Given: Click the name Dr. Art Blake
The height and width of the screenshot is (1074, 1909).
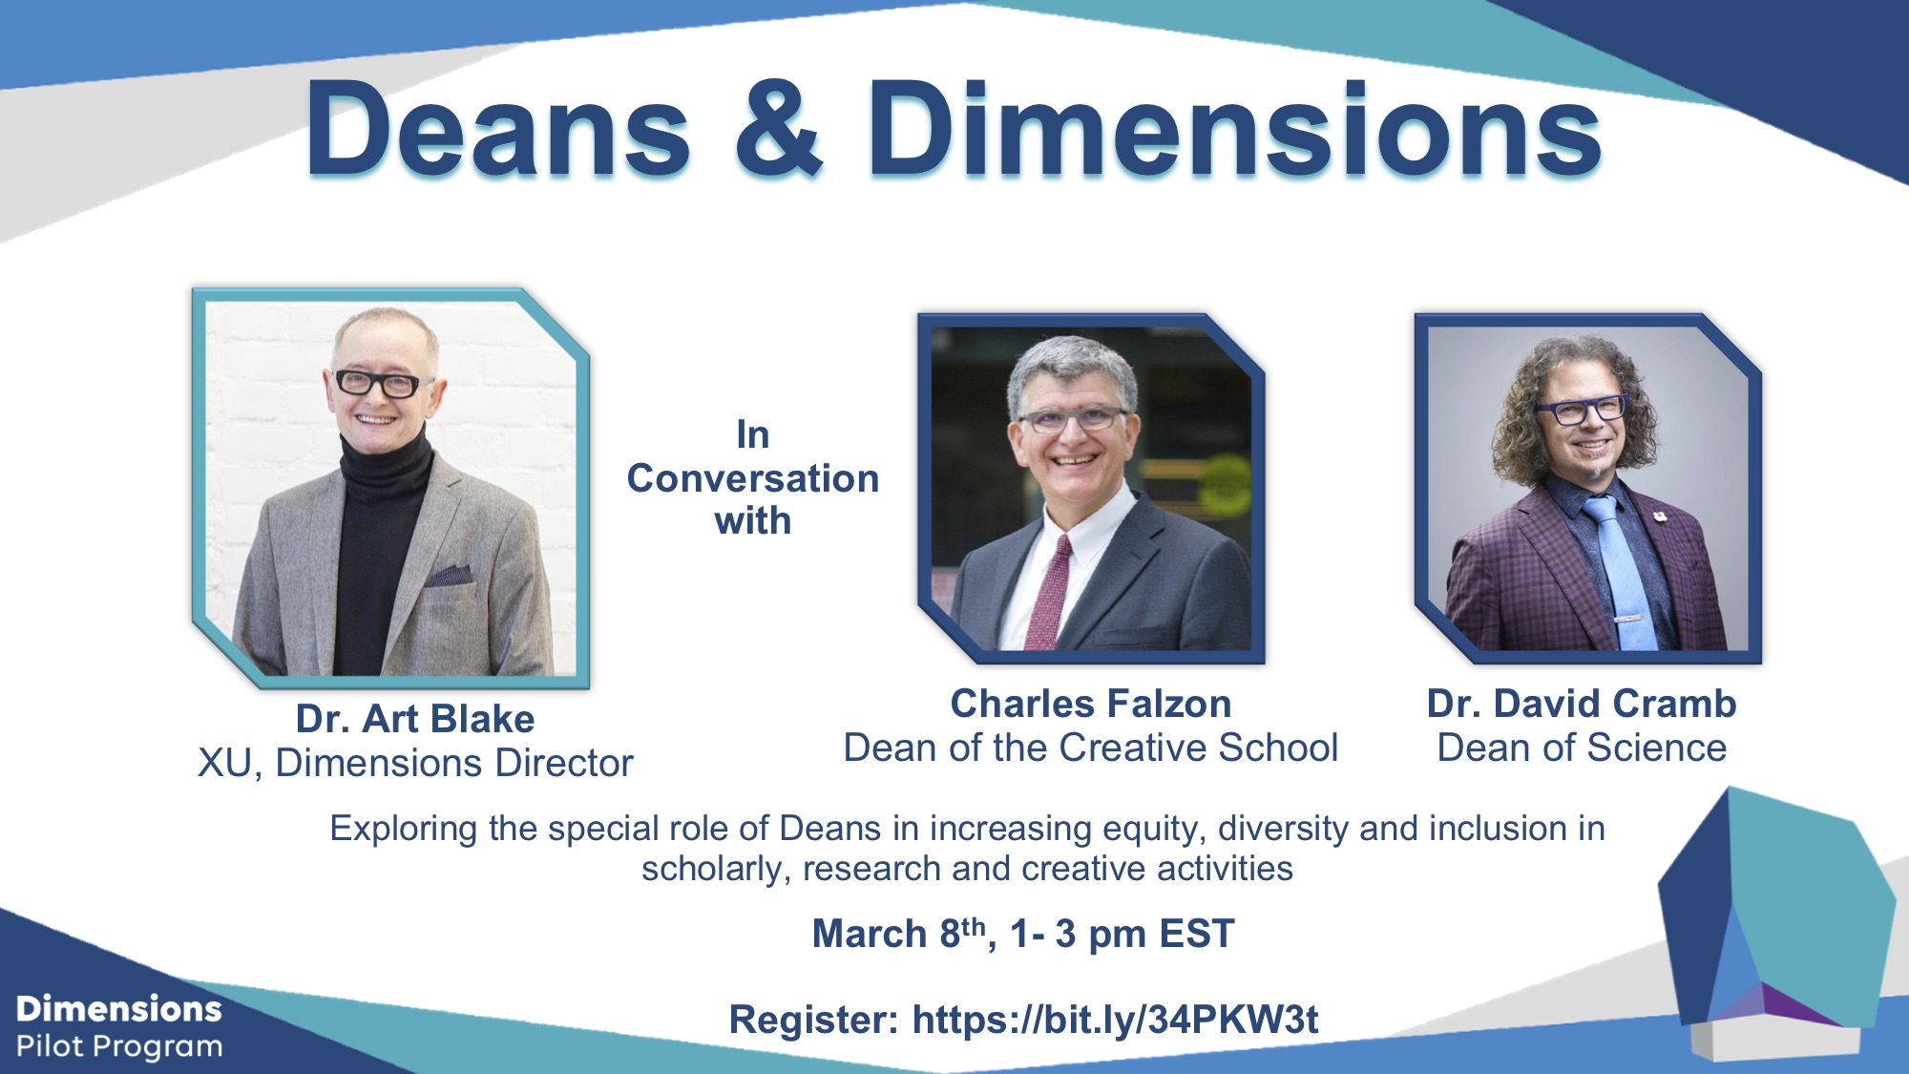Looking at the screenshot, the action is pyautogui.click(x=415, y=719).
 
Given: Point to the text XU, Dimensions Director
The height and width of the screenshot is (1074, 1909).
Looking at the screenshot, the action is pyautogui.click(x=415, y=763).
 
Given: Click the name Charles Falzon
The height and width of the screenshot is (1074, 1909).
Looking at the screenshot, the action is pyautogui.click(x=1091, y=704).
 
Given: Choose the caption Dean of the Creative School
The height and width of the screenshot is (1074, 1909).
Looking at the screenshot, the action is pyautogui.click(x=1091, y=748).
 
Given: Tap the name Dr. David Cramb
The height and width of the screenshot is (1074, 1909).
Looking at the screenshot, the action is pyautogui.click(x=1582, y=704).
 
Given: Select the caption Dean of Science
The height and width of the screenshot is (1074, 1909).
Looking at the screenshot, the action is pyautogui.click(x=1582, y=748).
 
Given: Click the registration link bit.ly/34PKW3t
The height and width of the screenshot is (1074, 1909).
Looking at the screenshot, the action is pyautogui.click(x=1115, y=1020).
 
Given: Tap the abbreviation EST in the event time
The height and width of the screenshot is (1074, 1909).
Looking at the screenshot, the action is pyautogui.click(x=1196, y=934).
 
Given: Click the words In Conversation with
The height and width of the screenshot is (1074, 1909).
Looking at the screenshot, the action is pyautogui.click(x=753, y=478).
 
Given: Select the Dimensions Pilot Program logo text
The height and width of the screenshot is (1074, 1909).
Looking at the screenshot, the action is pyautogui.click(x=119, y=1027).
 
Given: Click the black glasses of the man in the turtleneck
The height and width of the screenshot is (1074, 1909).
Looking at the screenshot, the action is pyautogui.click(x=379, y=384).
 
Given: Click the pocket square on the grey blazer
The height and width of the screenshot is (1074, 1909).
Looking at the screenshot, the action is pyautogui.click(x=449, y=575).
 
